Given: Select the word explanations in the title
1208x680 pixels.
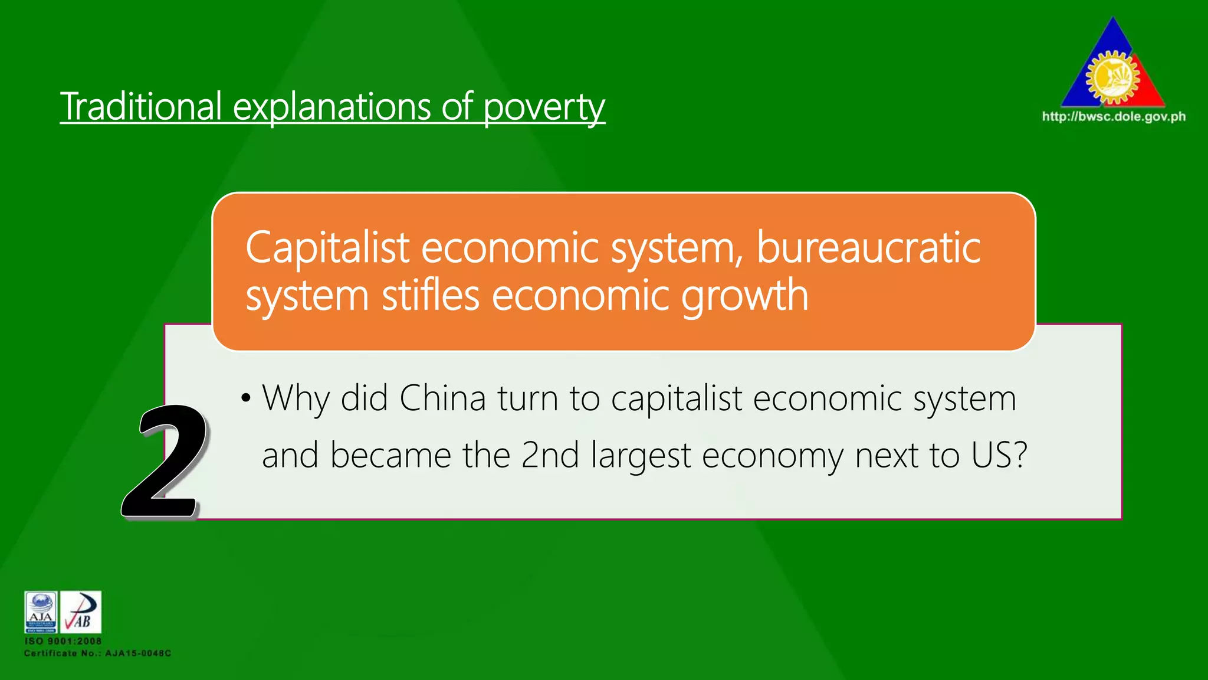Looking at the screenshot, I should (x=332, y=108).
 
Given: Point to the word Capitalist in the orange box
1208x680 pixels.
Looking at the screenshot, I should (x=327, y=247).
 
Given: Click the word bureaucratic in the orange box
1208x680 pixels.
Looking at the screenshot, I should (x=868, y=247).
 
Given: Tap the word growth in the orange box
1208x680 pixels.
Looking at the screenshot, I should (x=744, y=296).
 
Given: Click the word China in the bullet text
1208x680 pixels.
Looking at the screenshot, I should (x=442, y=398).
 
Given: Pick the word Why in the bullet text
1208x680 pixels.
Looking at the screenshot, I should (x=296, y=399).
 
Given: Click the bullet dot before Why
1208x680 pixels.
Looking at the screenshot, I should (x=246, y=398).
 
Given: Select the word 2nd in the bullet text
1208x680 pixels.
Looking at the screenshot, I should (x=550, y=455).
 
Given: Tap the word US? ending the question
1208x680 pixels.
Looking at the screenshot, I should (x=999, y=455).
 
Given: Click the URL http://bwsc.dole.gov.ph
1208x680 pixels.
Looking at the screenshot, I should (x=1114, y=116).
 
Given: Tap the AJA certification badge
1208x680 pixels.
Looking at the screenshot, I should (x=41, y=612).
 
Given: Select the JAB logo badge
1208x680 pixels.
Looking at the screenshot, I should (x=81, y=612).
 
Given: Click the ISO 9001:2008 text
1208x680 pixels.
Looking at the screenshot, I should (x=63, y=641).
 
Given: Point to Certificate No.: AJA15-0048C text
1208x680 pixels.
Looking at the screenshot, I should (x=97, y=653).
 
